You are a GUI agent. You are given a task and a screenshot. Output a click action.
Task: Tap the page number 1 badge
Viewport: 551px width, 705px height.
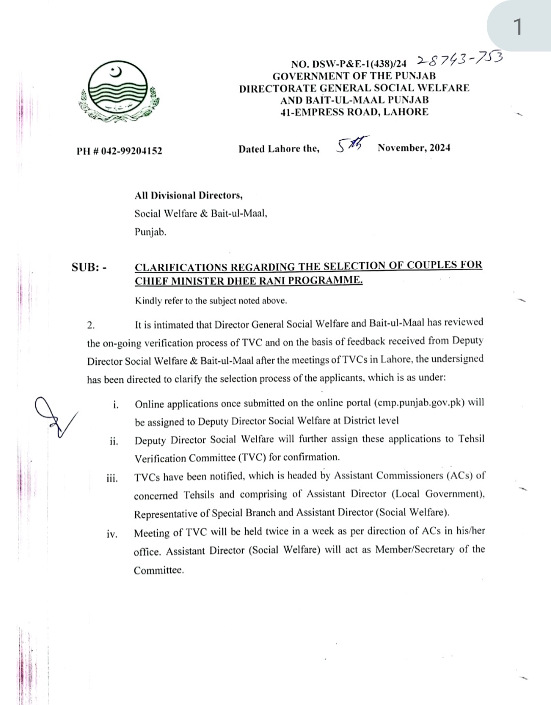pos(518,26)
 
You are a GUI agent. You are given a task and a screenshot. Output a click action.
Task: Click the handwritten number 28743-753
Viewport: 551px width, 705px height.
pos(460,59)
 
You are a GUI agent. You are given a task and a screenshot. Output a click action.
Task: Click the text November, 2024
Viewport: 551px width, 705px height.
pos(414,148)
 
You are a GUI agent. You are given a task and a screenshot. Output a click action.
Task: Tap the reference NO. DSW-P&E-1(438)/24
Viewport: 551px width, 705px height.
pos(348,64)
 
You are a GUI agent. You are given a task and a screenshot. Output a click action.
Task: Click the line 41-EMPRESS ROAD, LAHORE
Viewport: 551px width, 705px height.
pos(354,112)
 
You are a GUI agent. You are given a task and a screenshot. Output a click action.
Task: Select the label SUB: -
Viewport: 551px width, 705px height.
pos(89,267)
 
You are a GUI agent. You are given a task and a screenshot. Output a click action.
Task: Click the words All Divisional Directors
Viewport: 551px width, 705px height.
pos(188,195)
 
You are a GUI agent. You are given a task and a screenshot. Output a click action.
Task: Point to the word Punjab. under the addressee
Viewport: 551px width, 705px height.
pos(151,232)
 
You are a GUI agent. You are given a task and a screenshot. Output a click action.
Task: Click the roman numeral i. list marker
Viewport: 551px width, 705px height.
pos(116,405)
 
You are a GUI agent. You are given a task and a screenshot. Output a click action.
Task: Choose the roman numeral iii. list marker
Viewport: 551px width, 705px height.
pos(112,479)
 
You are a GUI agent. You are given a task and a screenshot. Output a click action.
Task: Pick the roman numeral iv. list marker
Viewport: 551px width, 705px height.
pos(112,534)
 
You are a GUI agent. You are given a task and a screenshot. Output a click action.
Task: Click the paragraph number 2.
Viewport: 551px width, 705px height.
pos(91,325)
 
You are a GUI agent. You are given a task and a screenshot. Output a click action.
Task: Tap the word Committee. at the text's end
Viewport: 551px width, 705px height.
pos(159,570)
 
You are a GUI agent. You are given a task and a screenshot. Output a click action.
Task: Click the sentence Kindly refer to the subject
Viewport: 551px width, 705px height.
pos(211,301)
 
